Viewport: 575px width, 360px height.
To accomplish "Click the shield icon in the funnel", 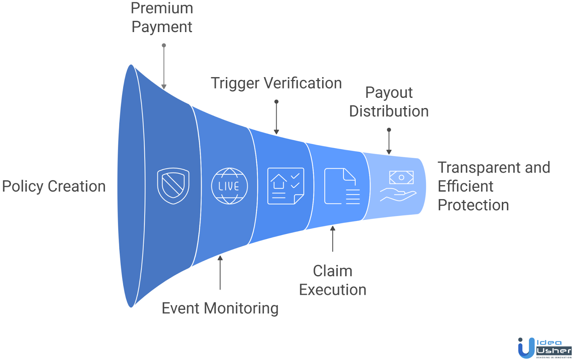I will [173, 186].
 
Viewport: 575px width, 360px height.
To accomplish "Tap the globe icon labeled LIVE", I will [229, 186].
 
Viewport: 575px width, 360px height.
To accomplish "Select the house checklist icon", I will [286, 186].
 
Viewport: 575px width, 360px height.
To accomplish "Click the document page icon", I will [342, 186].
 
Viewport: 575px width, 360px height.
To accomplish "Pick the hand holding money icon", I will [398, 186].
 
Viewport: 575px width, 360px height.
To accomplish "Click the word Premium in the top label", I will [162, 8].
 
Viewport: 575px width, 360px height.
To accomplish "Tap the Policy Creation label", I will [54, 186].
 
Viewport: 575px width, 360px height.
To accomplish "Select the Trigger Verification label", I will [276, 83].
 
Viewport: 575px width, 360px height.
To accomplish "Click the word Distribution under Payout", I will [389, 111].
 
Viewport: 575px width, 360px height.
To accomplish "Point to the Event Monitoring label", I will [220, 308].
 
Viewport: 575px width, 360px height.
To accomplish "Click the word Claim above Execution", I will [332, 271].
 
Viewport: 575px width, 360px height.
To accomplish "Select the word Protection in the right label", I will [473, 205].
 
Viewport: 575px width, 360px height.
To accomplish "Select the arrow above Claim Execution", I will [333, 239].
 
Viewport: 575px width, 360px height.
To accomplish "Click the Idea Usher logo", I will [544, 348].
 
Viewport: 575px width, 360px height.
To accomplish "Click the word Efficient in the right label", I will [465, 186].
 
